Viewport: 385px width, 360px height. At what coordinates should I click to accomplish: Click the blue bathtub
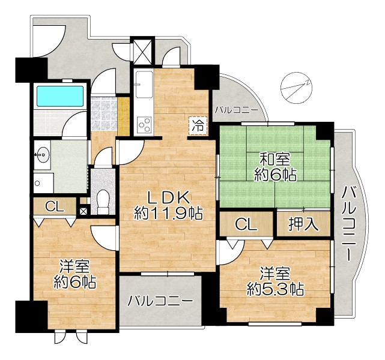click(60, 96)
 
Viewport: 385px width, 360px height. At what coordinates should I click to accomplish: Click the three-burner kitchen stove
click(144, 125)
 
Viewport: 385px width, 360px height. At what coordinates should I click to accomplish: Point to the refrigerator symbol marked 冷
click(198, 125)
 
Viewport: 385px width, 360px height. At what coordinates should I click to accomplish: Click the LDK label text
click(168, 197)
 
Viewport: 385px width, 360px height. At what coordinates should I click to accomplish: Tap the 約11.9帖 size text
click(168, 214)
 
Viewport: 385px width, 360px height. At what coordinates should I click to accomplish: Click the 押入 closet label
click(303, 224)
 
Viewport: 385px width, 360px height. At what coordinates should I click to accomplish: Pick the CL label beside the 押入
click(246, 224)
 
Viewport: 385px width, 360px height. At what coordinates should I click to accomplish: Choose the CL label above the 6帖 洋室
click(55, 207)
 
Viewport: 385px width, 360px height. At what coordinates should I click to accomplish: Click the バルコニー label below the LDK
click(160, 301)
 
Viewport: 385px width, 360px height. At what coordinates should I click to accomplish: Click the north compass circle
click(297, 87)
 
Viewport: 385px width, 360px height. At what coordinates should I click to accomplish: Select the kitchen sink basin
click(144, 85)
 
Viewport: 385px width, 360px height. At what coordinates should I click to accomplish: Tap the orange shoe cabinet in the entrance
click(124, 116)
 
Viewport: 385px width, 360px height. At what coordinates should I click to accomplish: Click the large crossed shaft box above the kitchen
click(142, 51)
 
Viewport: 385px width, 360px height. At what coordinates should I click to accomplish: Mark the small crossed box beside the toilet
click(83, 211)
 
